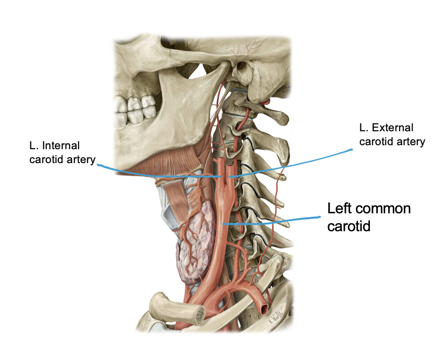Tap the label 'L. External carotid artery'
coord(391,135)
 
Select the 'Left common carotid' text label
coord(368,216)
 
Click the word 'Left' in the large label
coord(340,208)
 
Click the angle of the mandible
coord(199,150)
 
